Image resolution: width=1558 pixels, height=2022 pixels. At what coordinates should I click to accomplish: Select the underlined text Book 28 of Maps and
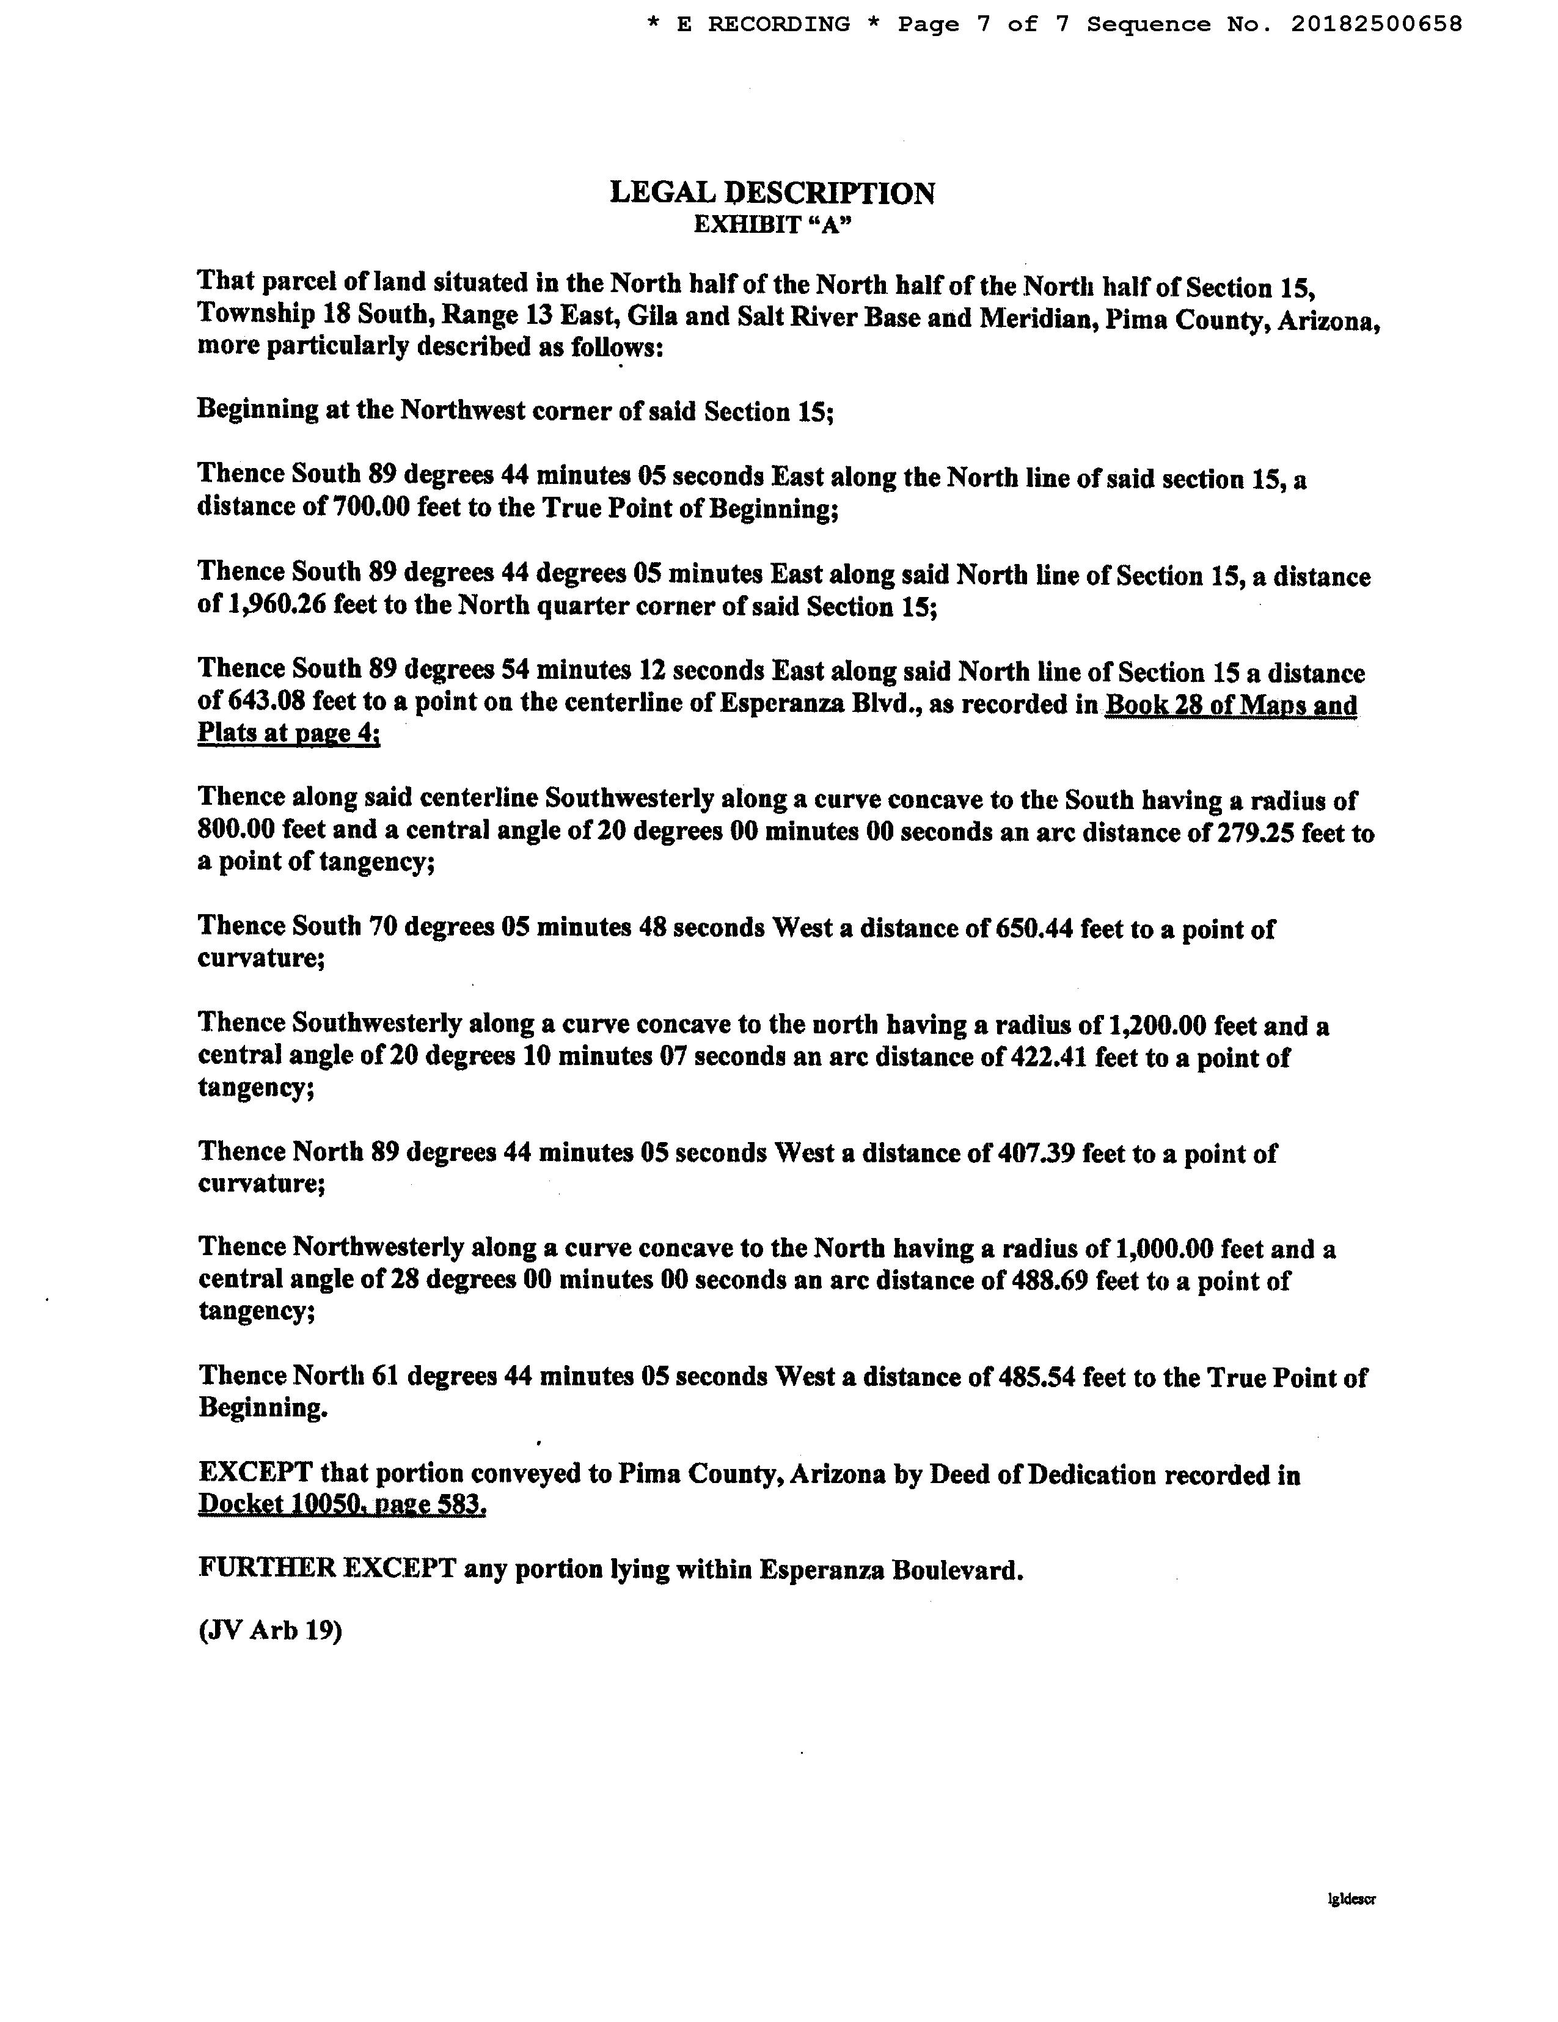tap(1231, 705)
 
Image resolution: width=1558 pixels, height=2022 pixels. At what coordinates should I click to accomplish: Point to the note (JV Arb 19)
tap(269, 1630)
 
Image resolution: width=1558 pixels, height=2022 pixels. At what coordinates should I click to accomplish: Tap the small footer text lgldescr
tap(1351, 1898)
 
